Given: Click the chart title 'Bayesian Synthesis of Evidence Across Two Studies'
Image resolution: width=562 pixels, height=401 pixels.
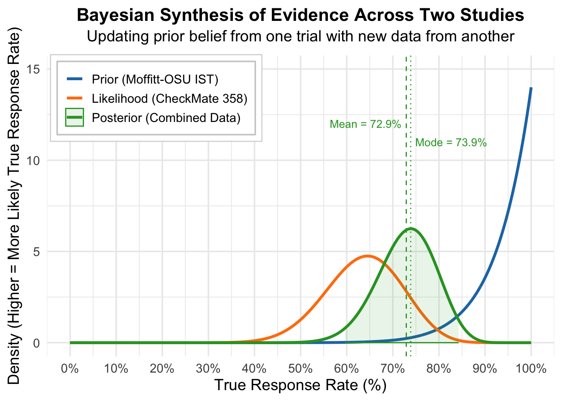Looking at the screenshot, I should [300, 15].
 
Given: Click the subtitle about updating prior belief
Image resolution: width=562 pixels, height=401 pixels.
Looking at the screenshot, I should [300, 36].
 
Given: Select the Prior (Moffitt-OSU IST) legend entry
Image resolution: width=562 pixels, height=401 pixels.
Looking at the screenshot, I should [155, 79].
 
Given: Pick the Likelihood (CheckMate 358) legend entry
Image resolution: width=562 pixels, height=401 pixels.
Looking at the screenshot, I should [169, 99].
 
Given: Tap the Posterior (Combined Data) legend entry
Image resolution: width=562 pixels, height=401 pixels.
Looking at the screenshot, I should [166, 118].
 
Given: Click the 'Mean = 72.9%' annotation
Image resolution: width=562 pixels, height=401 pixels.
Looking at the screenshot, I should [365, 124].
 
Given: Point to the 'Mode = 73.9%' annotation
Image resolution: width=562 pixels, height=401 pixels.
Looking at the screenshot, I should [451, 143].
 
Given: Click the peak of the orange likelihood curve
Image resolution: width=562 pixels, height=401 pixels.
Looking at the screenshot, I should [368, 256].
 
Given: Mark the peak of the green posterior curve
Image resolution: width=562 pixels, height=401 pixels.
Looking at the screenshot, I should [411, 228].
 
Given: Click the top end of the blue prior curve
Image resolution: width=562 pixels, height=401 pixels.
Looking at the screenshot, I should [531, 88].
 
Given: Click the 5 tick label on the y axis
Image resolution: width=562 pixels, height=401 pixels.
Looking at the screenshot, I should [36, 251].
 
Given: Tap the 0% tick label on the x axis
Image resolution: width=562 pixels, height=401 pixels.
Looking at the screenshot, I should [70, 369].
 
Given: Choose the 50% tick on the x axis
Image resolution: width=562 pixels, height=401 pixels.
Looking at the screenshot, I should [300, 369].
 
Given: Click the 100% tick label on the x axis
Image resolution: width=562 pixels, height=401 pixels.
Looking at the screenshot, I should [531, 369].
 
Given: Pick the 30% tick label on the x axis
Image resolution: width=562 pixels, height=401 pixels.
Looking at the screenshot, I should [208, 369].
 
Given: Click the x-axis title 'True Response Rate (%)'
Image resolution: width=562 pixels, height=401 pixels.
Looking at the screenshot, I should [300, 385].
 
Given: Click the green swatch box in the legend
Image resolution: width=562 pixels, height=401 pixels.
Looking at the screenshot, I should [75, 118].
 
